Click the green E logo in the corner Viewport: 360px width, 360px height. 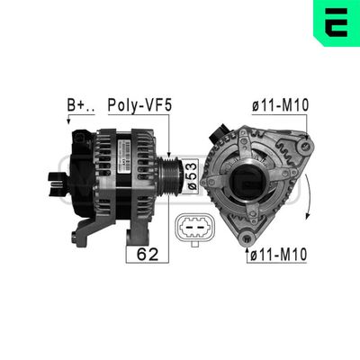[336, 22]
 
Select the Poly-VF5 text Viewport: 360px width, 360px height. [139, 106]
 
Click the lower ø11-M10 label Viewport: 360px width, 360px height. [277, 256]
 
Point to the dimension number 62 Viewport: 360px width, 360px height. [147, 255]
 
